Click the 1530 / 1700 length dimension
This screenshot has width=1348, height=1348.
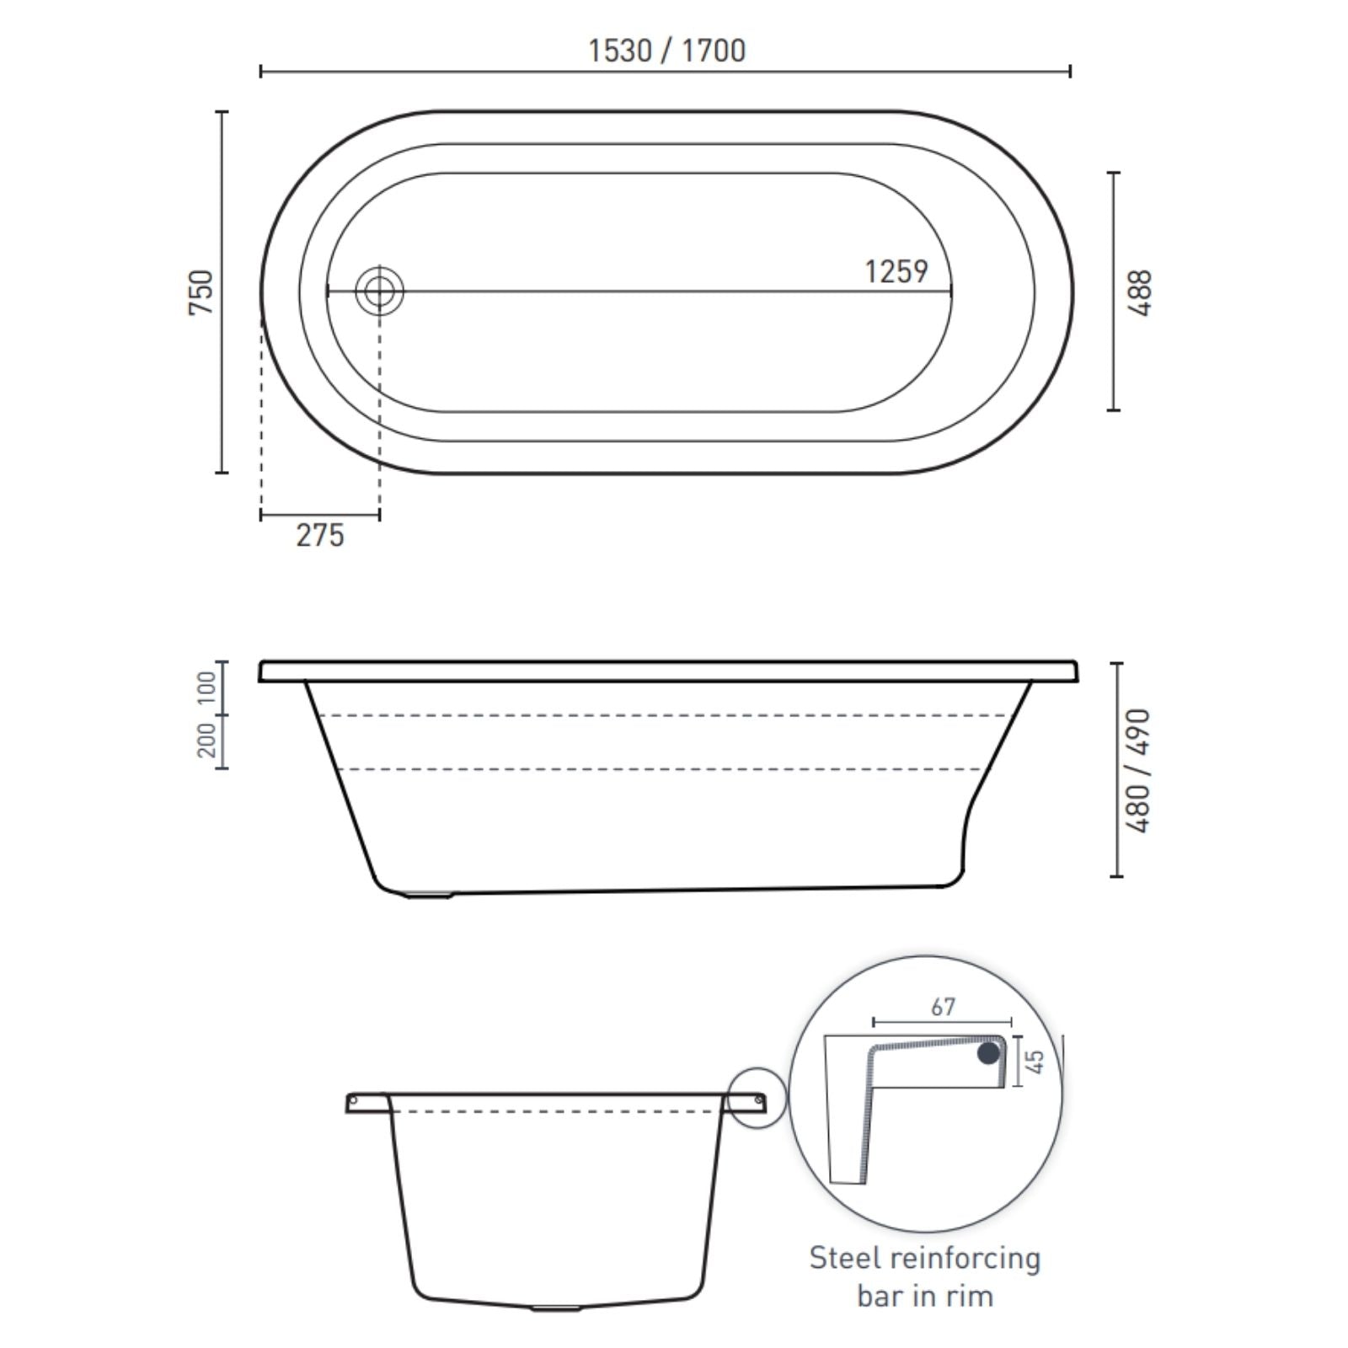pos(666,51)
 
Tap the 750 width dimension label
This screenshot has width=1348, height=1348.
pos(201,292)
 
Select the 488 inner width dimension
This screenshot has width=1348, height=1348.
pos(1139,292)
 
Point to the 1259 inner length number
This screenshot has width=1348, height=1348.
pos(896,271)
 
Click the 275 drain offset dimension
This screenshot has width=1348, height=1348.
pos(320,535)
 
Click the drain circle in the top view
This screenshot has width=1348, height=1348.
pos(379,292)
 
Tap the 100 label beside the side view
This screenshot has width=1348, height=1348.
pos(206,689)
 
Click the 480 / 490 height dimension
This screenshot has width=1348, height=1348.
pos(1139,771)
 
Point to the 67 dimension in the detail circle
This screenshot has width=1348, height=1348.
pos(944,1007)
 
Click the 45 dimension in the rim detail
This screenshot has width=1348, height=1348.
pos(1038,1062)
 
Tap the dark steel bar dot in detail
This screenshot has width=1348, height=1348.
pos(988,1054)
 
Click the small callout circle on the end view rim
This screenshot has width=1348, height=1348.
pos(757,1099)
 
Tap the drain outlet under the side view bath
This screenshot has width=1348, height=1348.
pos(430,895)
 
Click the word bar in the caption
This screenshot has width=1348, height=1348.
pos(881,1296)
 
